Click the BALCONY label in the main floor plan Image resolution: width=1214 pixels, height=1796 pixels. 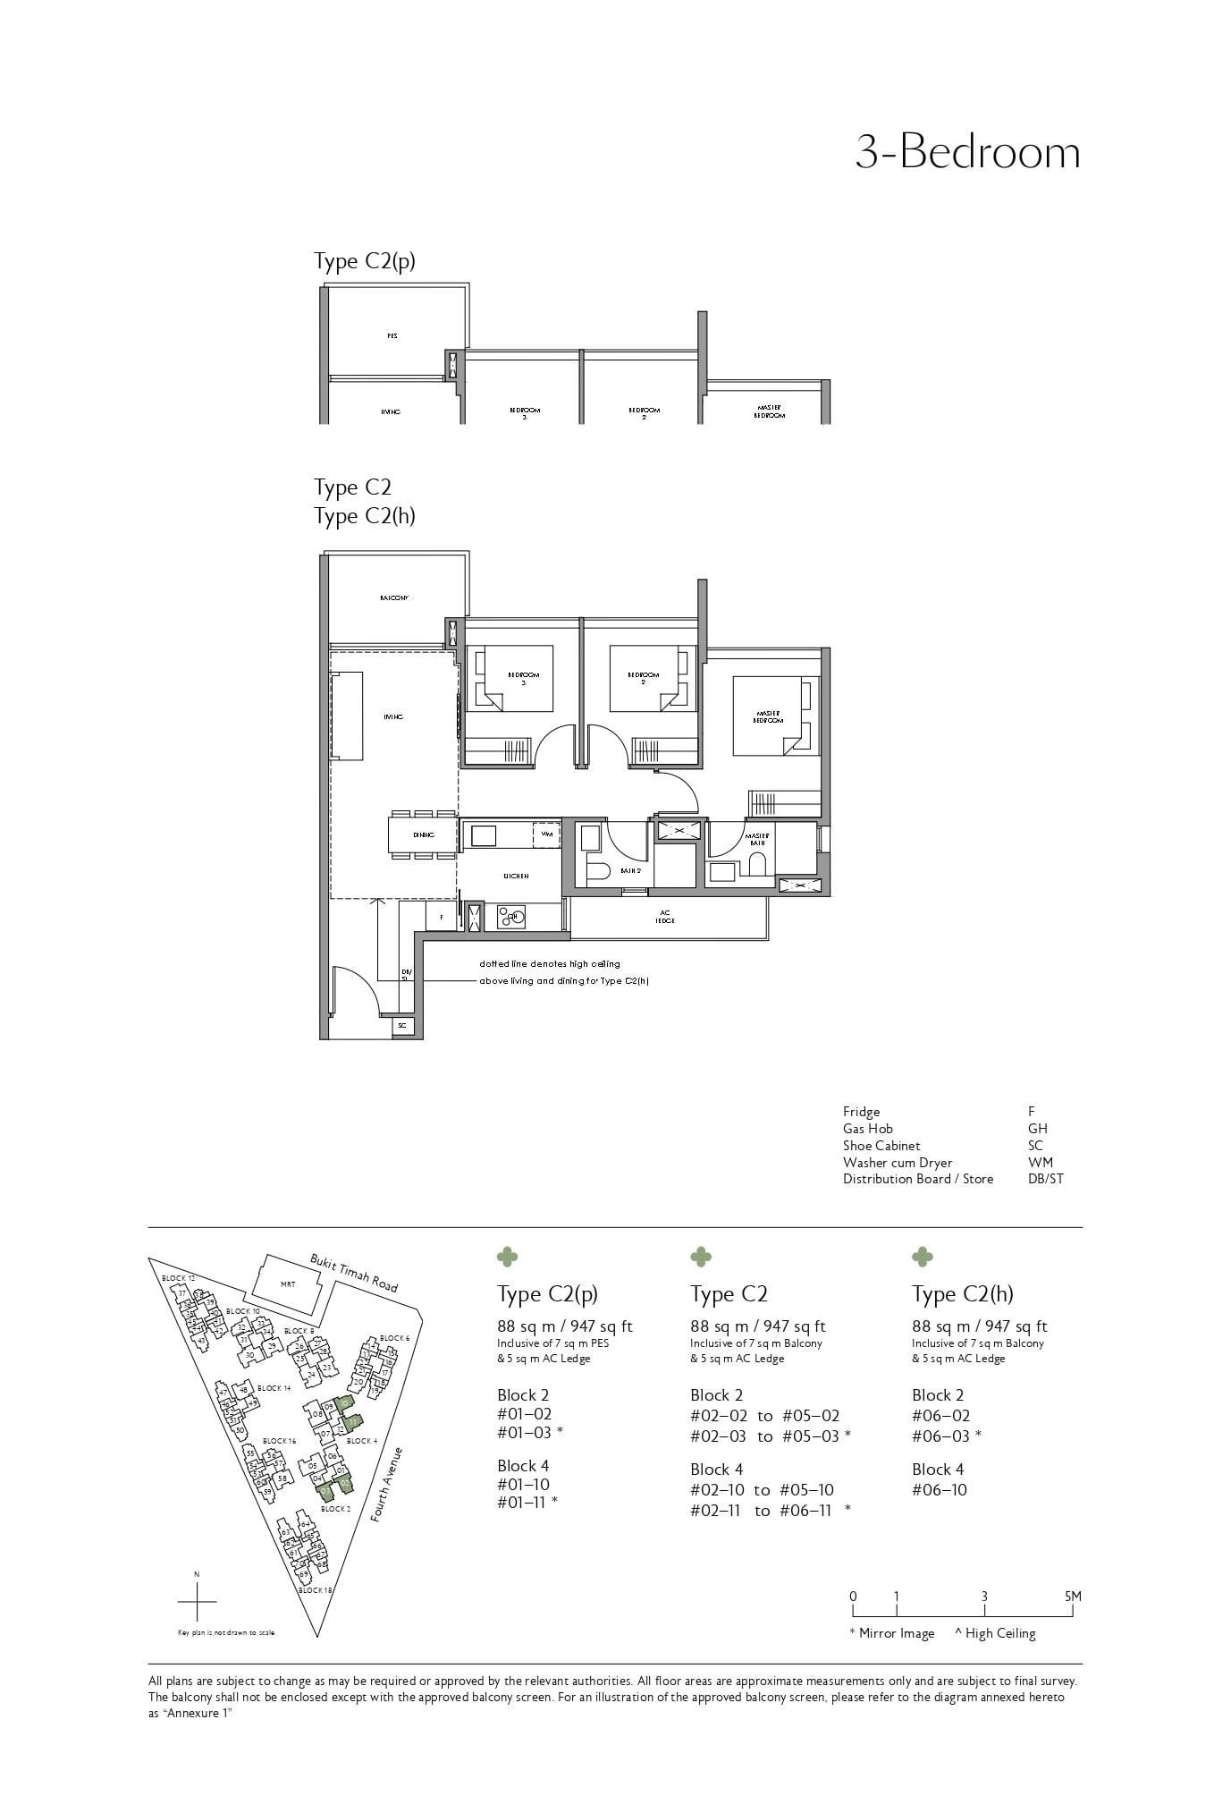(x=393, y=597)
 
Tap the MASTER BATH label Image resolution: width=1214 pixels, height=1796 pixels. (x=756, y=839)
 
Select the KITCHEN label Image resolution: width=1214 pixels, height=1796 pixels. (x=516, y=877)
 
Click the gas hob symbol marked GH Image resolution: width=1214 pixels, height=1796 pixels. (x=514, y=916)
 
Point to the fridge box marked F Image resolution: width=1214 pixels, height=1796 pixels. (x=441, y=918)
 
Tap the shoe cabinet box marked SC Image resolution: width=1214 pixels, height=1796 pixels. (x=402, y=1026)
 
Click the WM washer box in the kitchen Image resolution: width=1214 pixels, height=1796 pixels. (x=546, y=834)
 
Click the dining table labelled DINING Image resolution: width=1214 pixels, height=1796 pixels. (x=423, y=834)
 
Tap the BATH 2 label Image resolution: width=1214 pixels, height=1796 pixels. (x=631, y=870)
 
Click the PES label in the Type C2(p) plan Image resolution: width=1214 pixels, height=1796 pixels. (x=392, y=336)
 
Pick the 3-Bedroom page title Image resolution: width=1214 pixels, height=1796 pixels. (x=967, y=152)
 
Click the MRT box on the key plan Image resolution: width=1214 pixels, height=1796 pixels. (x=288, y=1284)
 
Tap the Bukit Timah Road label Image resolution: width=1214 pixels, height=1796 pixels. (x=354, y=1272)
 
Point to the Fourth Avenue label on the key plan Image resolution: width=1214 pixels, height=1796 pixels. (x=390, y=1485)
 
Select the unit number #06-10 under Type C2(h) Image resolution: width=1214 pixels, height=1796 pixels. (x=940, y=1490)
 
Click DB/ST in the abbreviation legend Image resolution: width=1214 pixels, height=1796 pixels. (x=1046, y=1179)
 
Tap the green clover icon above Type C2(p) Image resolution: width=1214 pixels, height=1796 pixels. (x=507, y=1258)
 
